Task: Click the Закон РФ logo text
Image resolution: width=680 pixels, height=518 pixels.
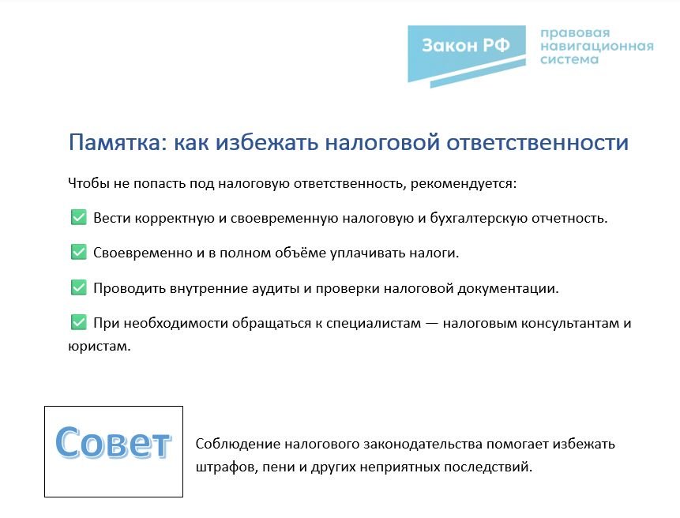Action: [x=466, y=45]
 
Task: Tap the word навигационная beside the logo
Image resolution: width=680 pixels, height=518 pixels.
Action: [x=597, y=46]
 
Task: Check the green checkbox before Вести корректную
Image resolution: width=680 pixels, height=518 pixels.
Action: [x=78, y=217]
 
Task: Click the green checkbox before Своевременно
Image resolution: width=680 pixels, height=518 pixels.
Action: [x=78, y=252]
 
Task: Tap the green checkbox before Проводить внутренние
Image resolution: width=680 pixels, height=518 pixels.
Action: [x=78, y=287]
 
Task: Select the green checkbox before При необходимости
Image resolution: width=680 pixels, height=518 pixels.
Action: [x=78, y=322]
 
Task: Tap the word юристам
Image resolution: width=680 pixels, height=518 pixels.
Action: [x=99, y=347]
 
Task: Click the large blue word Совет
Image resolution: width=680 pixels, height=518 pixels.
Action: [x=113, y=442]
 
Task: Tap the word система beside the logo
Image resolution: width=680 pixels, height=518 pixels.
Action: [x=569, y=59]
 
